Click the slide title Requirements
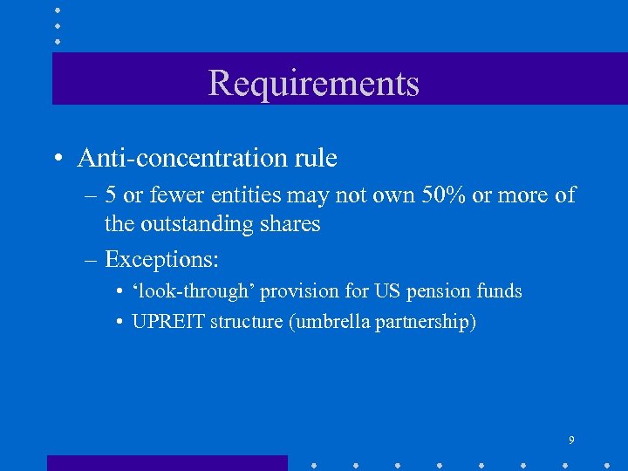click(x=314, y=83)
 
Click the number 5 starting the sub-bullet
click(x=112, y=195)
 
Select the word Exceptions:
click(x=161, y=259)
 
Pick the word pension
click(x=419, y=291)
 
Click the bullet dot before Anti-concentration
click(x=57, y=160)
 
